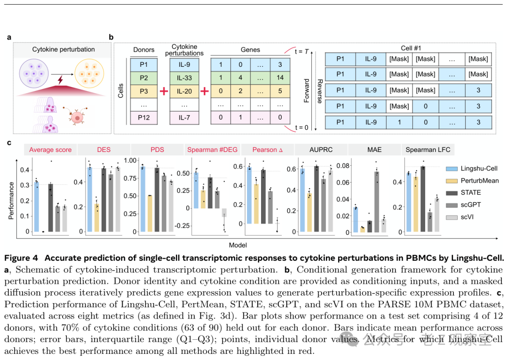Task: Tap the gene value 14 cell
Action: click(280, 78)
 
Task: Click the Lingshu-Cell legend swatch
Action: click(452, 168)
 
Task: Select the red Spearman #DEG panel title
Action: click(213, 150)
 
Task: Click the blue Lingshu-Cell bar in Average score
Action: click(36, 207)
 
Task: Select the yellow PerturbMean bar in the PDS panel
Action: click(150, 213)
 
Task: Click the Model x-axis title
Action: click(238, 245)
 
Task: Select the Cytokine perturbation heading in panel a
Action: click(63, 49)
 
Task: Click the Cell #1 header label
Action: click(407, 48)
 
